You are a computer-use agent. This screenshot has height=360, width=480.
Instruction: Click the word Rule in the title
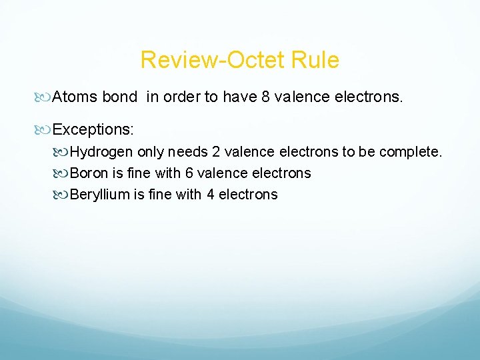point(316,61)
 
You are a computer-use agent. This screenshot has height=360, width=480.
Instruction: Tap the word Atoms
point(75,97)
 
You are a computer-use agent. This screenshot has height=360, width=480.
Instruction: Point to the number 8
point(266,97)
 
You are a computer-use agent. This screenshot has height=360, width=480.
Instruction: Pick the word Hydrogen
point(102,152)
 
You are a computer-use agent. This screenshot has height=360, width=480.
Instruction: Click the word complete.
point(410,152)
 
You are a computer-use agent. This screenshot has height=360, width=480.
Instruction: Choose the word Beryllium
point(98,195)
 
